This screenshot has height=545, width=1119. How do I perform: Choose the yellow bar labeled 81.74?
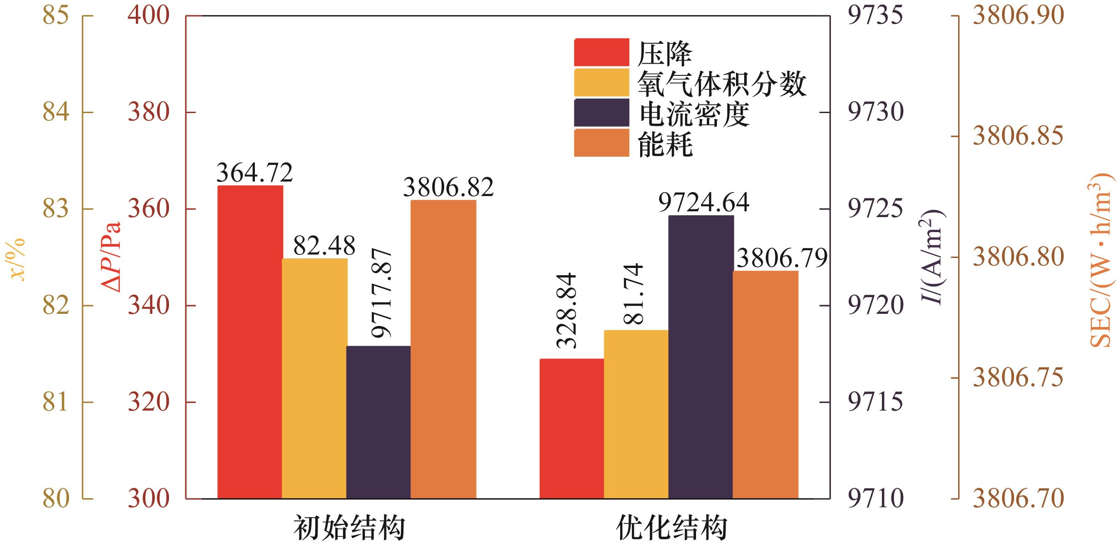[x=636, y=414]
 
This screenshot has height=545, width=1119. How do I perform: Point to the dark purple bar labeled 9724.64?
[x=701, y=357]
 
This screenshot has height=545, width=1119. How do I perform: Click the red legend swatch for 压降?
[x=602, y=52]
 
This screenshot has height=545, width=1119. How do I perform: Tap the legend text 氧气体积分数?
[x=721, y=83]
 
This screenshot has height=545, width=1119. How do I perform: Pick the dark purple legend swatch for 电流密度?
[x=602, y=113]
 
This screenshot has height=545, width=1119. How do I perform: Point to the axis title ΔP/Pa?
[x=112, y=257]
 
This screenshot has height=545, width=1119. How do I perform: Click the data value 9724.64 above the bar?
[x=703, y=203]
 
